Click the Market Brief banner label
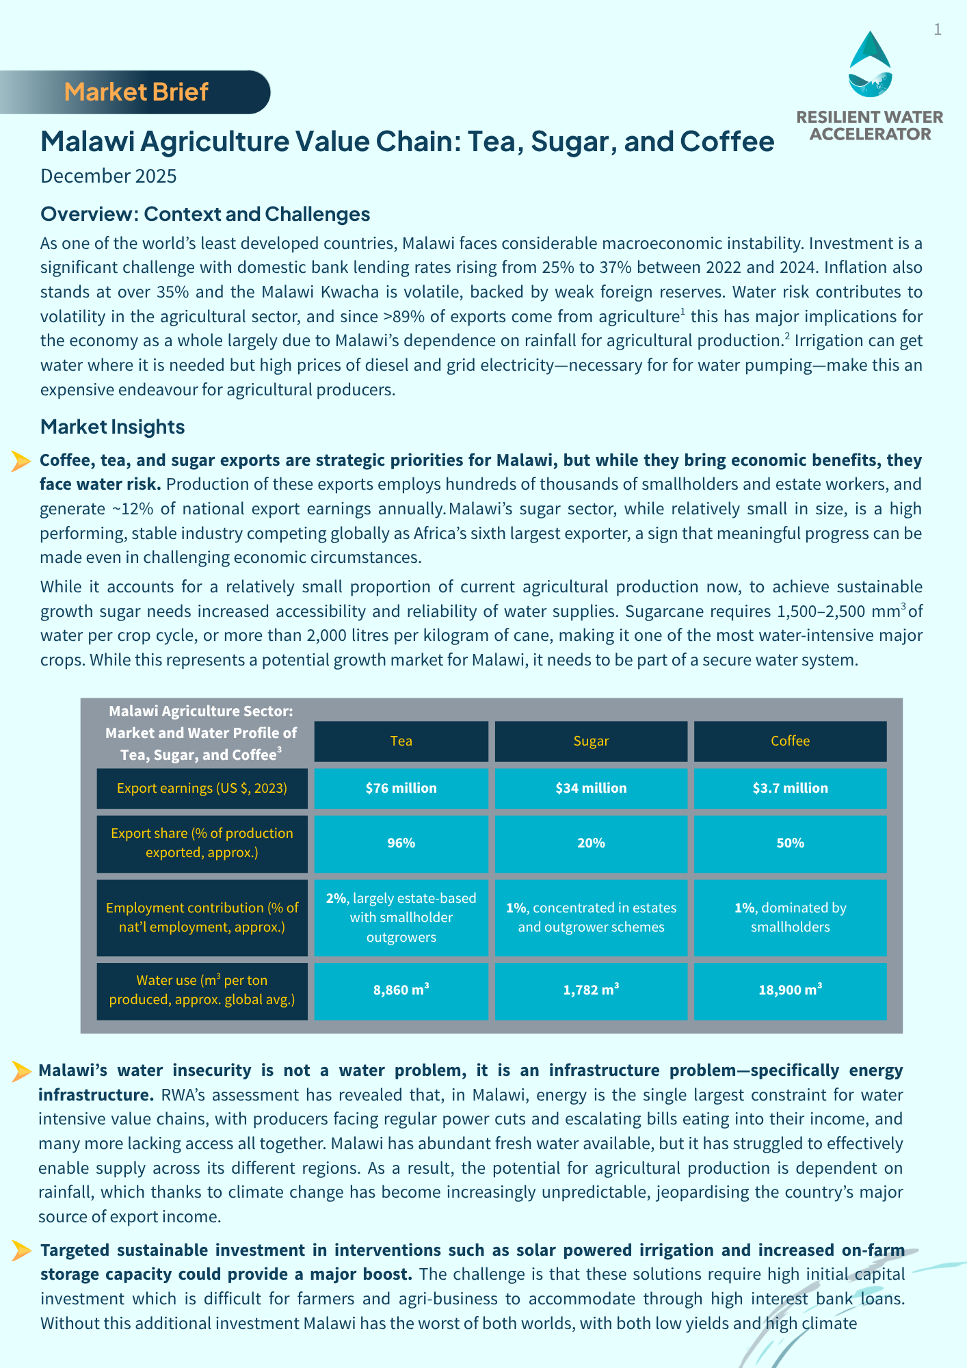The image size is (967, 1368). pyautogui.click(x=136, y=92)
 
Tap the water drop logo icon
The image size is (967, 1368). pyautogui.click(x=870, y=64)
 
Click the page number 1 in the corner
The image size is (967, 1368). pyautogui.click(x=938, y=29)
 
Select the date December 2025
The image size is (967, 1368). pyautogui.click(x=109, y=176)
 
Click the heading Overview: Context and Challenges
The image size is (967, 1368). pyautogui.click(x=205, y=214)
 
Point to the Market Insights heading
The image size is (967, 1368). pyautogui.click(x=113, y=427)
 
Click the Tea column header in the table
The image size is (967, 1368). pyautogui.click(x=401, y=741)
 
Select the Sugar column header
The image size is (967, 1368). pyautogui.click(x=591, y=741)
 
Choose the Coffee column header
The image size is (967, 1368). pyautogui.click(x=790, y=741)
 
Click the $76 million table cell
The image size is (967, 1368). pyautogui.click(x=401, y=788)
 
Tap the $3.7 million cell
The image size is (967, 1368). pyautogui.click(x=790, y=788)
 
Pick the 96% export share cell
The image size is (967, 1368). pyautogui.click(x=401, y=843)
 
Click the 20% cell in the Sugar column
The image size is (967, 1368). pyautogui.click(x=591, y=843)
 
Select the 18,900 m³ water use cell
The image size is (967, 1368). pyautogui.click(x=790, y=990)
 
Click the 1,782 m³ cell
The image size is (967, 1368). pyautogui.click(x=591, y=990)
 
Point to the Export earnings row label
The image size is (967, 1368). pyautogui.click(x=202, y=788)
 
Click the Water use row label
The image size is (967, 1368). pyautogui.click(x=202, y=990)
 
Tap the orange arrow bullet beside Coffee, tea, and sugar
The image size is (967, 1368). pyautogui.click(x=21, y=462)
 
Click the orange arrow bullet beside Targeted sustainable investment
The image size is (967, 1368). pyautogui.click(x=21, y=1251)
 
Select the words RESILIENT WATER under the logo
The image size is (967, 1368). pyautogui.click(x=870, y=117)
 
